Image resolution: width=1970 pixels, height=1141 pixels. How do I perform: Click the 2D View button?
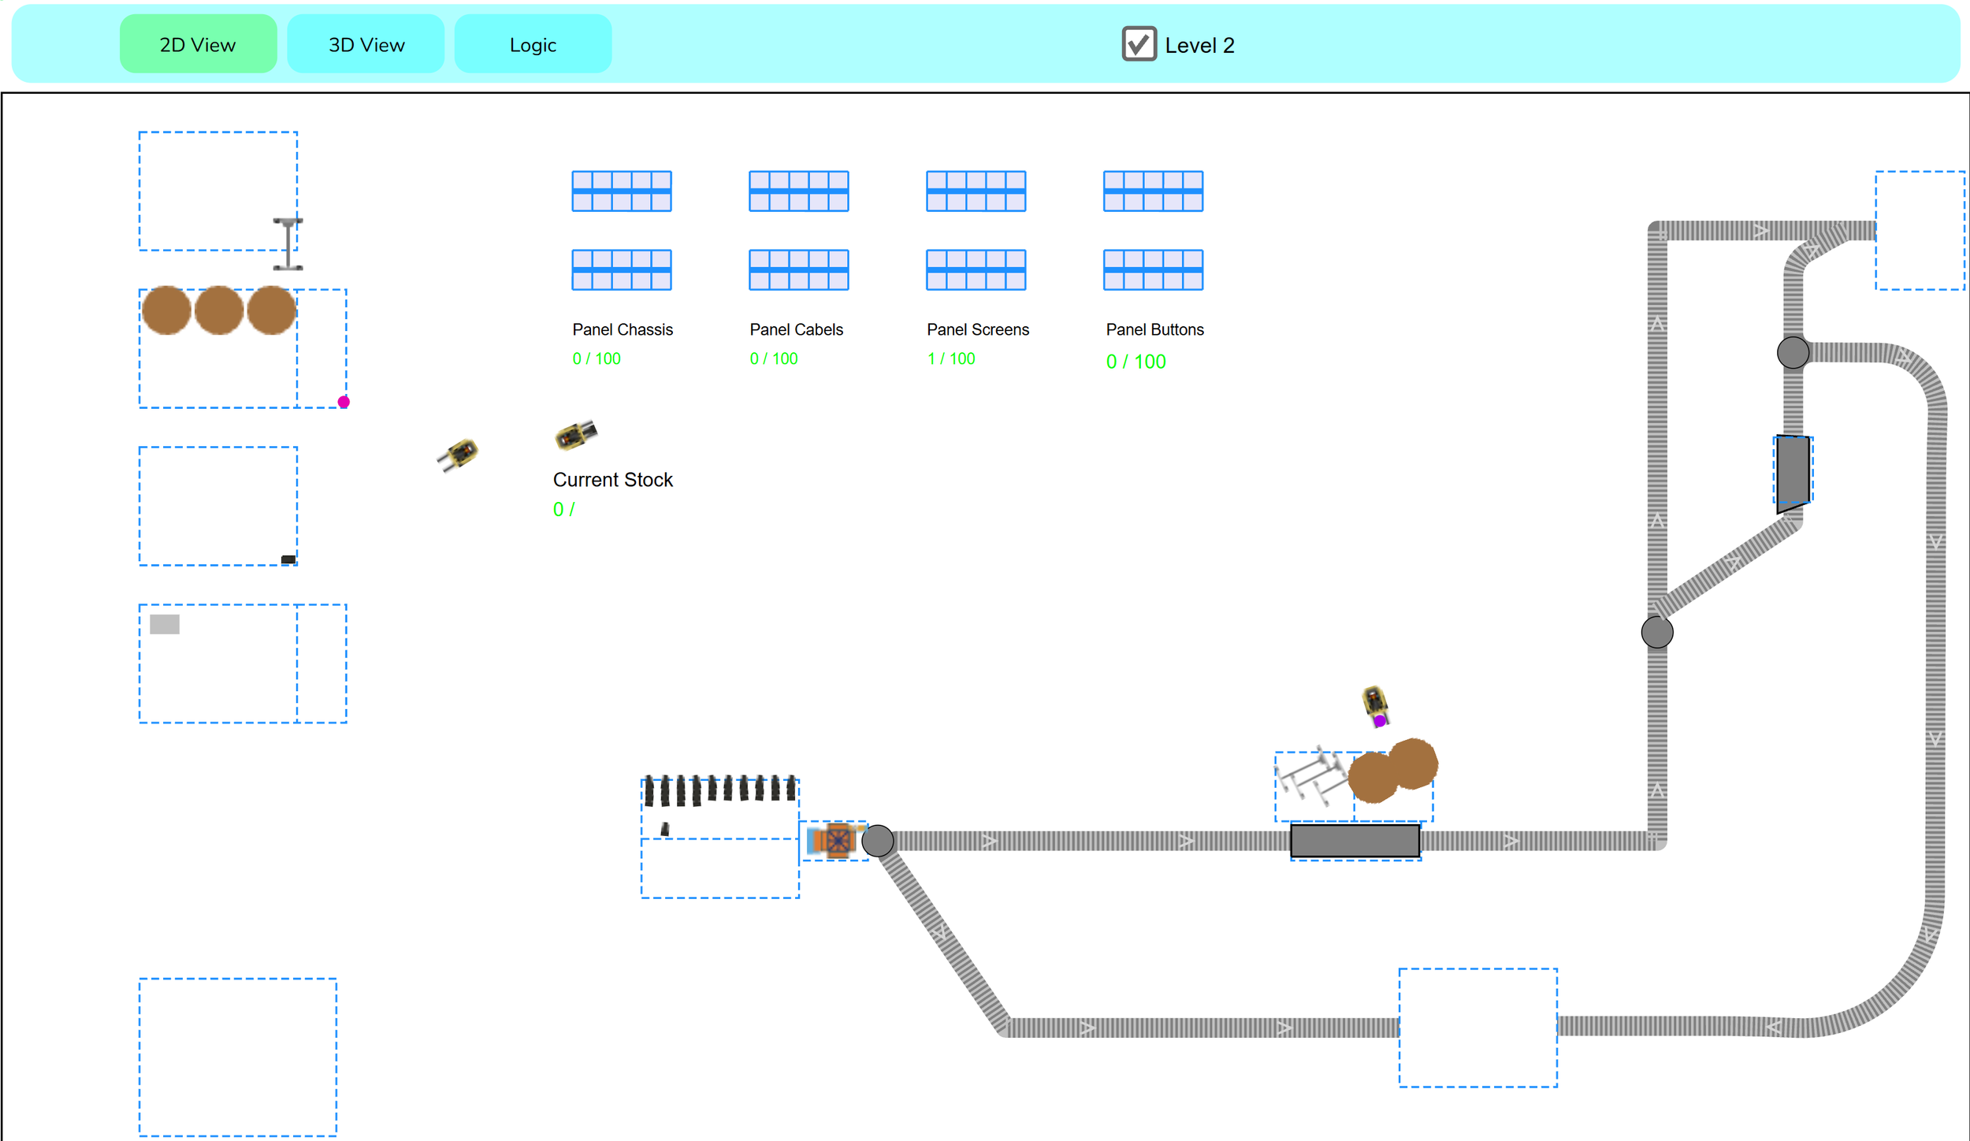click(x=198, y=44)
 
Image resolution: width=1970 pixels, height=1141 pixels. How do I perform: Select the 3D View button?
click(x=366, y=44)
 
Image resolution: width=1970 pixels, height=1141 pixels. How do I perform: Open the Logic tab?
click(x=533, y=44)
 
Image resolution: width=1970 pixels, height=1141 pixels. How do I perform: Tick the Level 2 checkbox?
click(x=1139, y=44)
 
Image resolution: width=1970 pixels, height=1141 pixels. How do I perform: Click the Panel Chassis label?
click(x=623, y=329)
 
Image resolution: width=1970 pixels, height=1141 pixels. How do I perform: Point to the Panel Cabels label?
click(x=796, y=329)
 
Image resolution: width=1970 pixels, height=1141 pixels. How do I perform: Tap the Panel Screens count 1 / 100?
click(x=951, y=359)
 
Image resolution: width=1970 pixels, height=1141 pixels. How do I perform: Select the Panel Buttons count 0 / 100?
click(x=1136, y=362)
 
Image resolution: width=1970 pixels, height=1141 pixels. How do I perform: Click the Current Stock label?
click(x=612, y=480)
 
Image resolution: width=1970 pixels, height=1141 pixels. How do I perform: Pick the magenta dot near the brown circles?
click(x=344, y=402)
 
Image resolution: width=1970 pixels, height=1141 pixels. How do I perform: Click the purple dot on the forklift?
click(x=1380, y=720)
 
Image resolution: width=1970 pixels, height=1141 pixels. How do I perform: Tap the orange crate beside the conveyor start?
click(x=835, y=840)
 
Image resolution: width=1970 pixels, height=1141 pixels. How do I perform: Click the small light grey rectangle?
click(x=165, y=624)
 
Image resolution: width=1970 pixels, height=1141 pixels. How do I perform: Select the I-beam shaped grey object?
click(x=288, y=244)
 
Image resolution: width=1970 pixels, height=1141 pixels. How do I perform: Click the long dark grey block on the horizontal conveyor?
click(x=1355, y=841)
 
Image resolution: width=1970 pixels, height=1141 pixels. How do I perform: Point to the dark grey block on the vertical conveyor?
click(x=1793, y=472)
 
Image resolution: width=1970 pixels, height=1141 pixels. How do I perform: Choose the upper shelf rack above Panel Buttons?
click(x=1153, y=191)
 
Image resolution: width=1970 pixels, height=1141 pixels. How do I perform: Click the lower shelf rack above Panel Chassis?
click(x=622, y=269)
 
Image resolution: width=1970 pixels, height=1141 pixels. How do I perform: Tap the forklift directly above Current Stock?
click(x=576, y=434)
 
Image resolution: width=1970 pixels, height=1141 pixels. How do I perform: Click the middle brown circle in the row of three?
click(x=219, y=310)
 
